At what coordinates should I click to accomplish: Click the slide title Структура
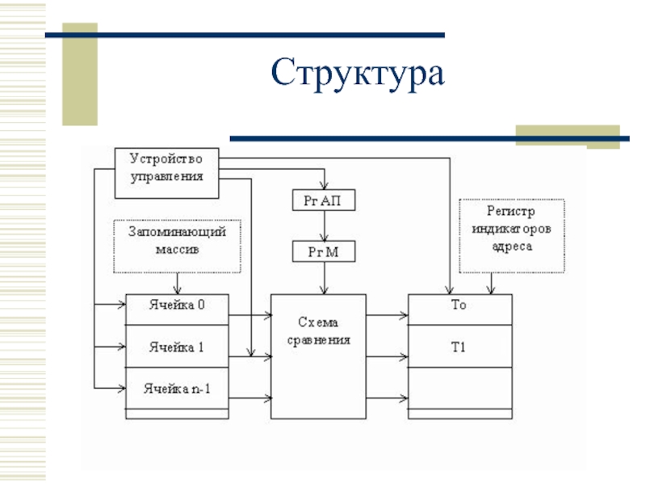(x=358, y=73)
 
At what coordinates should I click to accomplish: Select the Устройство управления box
(x=166, y=173)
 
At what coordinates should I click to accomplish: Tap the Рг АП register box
(x=324, y=200)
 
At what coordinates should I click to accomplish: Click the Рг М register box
(x=324, y=251)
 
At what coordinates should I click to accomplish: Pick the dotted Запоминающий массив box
(x=177, y=247)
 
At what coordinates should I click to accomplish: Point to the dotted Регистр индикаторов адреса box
(x=512, y=236)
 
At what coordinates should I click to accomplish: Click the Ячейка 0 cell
(x=177, y=310)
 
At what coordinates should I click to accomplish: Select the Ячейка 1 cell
(x=177, y=347)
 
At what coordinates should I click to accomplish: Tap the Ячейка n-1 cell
(x=177, y=388)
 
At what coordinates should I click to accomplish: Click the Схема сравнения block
(x=318, y=356)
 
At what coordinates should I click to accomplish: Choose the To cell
(x=459, y=310)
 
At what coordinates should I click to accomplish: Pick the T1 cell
(x=459, y=347)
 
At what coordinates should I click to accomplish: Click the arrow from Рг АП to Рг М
(x=325, y=226)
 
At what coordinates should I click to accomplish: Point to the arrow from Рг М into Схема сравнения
(x=325, y=278)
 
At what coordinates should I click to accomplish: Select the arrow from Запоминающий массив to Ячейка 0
(x=177, y=284)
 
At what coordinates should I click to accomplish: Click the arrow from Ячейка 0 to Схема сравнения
(x=250, y=315)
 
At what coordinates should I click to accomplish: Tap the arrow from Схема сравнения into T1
(x=388, y=356)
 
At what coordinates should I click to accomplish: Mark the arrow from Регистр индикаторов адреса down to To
(x=491, y=284)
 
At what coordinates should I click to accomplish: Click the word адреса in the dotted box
(x=512, y=247)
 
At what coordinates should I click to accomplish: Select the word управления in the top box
(x=167, y=176)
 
